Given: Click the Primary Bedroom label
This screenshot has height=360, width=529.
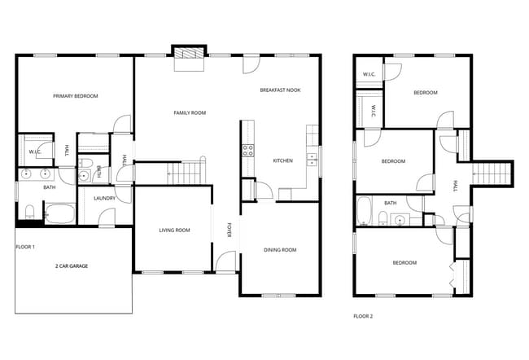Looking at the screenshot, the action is (76, 96).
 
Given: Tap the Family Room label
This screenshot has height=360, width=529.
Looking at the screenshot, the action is (190, 112).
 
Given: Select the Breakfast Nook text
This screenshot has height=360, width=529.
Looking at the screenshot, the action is (280, 90).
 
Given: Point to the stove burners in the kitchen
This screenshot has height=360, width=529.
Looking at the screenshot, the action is (248, 151).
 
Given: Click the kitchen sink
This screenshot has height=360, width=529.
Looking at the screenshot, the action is (312, 160).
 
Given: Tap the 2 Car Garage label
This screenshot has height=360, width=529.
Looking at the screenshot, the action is (72, 266).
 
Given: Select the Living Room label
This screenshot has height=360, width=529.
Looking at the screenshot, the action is (174, 230).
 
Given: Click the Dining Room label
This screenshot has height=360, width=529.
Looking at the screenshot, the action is (280, 250).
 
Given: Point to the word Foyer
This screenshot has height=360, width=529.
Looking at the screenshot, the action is (229, 230).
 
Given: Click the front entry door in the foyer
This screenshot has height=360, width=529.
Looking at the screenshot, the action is (225, 261).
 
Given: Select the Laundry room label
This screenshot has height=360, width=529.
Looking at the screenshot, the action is (105, 198).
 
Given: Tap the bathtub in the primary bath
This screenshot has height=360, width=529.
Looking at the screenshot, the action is (60, 213).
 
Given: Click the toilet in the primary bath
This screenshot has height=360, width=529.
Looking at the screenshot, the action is (29, 212).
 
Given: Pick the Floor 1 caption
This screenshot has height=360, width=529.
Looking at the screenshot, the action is (25, 247).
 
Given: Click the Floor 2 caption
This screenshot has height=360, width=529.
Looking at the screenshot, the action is (363, 317).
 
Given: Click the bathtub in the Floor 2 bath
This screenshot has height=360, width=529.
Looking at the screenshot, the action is (364, 211).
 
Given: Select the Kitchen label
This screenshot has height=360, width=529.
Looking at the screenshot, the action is (282, 160).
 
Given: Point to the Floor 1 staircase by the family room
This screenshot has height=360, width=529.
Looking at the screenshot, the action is (186, 173).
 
